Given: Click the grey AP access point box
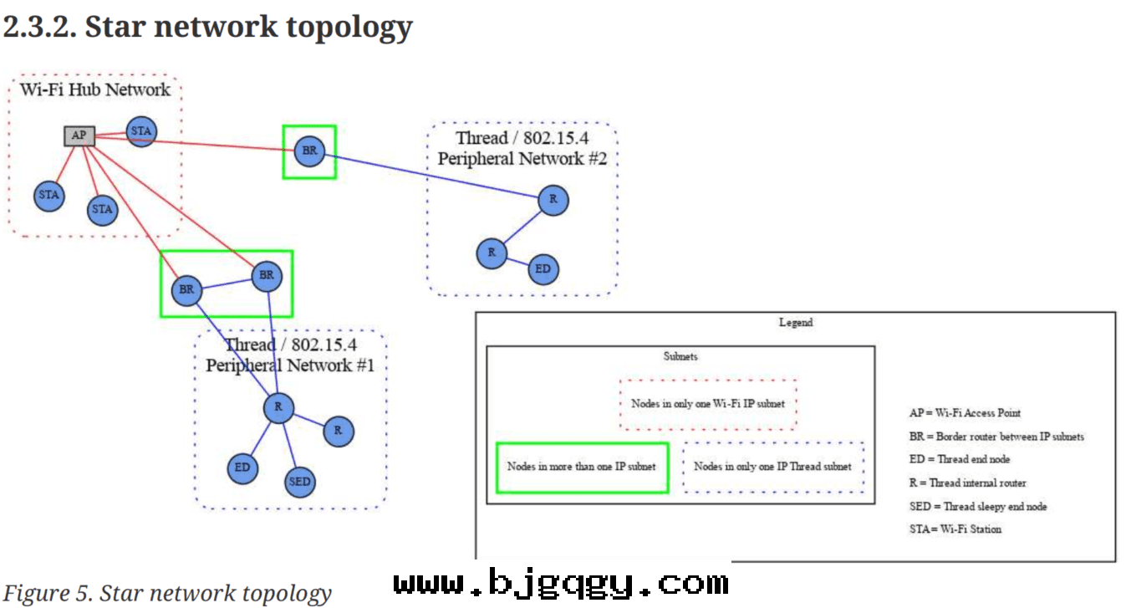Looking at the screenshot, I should point(79,135).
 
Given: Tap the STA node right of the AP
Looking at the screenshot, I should point(140,131).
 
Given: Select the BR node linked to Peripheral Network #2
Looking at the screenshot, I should point(309,151).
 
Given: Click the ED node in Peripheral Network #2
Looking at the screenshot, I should point(543,268).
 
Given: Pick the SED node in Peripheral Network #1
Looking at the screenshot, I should point(299,481).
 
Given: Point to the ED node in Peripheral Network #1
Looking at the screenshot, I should point(242,467).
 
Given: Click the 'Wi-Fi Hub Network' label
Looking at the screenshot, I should point(94,89).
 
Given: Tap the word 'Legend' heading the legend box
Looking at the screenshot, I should point(795,323).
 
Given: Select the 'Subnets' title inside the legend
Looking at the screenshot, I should point(680,356).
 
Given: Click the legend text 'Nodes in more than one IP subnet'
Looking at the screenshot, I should point(581,467).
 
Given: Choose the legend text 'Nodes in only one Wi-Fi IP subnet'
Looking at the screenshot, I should point(707,403).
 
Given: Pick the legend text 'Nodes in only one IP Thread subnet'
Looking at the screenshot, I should point(772,467).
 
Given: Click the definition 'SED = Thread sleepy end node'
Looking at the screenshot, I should point(977,506).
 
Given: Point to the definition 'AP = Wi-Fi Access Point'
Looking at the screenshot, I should point(965,412).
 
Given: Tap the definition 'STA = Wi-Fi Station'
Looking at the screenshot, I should point(955,529).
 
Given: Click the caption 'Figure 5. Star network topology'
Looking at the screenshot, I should point(167,593).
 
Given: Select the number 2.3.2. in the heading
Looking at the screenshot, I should point(40,27).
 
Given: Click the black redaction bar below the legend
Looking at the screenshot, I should point(562,580).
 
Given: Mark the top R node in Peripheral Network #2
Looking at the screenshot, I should point(552,199).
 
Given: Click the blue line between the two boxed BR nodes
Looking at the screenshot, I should point(226,283).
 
